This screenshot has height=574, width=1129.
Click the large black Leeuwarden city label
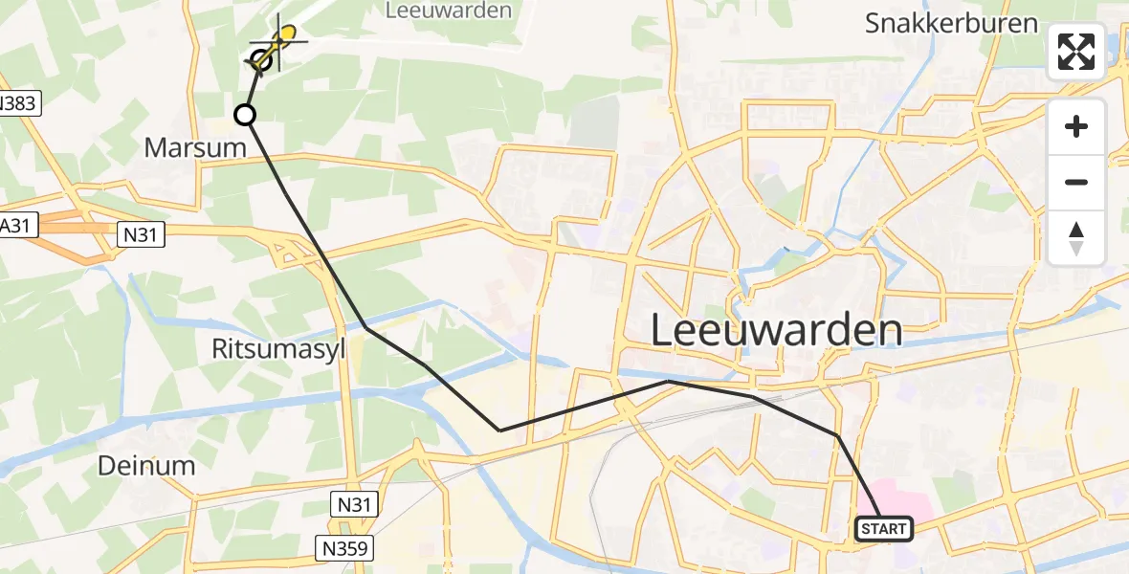click(x=776, y=331)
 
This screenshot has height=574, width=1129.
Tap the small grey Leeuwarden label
click(x=448, y=11)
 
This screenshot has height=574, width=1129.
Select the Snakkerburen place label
click(x=951, y=23)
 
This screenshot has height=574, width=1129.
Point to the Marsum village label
click(x=195, y=147)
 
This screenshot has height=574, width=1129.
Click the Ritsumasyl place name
click(x=277, y=349)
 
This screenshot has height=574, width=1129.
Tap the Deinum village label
click(x=147, y=466)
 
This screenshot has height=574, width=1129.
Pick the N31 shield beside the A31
click(x=142, y=232)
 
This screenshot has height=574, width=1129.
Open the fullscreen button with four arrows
click(x=1076, y=52)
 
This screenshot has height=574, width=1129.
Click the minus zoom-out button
click(x=1076, y=182)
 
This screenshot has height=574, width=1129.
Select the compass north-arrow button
click(x=1076, y=237)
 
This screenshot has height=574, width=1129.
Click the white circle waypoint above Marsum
click(x=245, y=116)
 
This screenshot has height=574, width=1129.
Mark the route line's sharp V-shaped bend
click(x=500, y=430)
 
